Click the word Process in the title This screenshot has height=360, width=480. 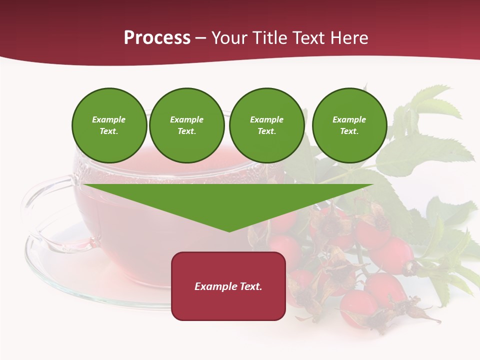click(x=157, y=38)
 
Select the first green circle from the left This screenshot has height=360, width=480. click(x=109, y=125)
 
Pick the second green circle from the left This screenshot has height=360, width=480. click(x=186, y=125)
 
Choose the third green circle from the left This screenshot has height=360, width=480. click(x=266, y=125)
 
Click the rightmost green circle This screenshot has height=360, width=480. click(x=349, y=125)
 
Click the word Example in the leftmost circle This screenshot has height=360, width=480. click(x=109, y=119)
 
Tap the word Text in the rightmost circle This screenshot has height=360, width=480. click(x=349, y=131)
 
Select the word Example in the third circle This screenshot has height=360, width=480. click(x=266, y=119)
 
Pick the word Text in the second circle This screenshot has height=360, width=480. click(x=186, y=131)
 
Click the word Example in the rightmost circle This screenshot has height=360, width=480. click(x=349, y=119)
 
